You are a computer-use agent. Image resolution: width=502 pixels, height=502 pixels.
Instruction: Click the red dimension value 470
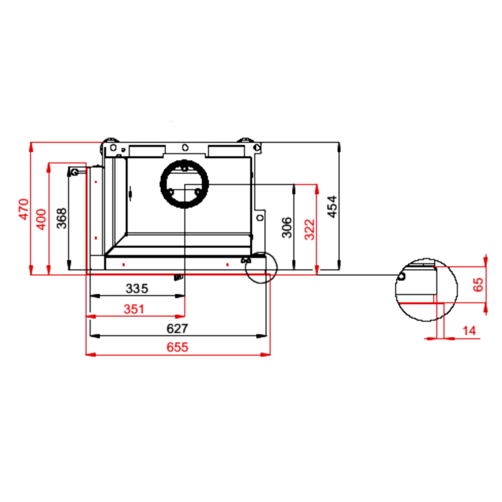(x=24, y=209)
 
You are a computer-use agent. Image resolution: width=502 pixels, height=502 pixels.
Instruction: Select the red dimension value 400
(x=41, y=219)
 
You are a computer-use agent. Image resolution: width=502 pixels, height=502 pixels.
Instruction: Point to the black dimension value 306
(x=287, y=227)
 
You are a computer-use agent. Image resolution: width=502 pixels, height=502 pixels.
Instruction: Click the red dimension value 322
(x=310, y=229)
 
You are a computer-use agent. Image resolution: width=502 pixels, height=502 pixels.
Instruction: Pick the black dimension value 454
(x=332, y=207)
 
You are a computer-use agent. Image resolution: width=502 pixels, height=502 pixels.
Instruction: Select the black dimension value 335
(x=137, y=288)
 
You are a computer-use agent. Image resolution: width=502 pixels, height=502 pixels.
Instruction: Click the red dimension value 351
(x=134, y=309)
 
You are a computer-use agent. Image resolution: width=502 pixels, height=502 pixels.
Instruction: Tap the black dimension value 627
(x=177, y=328)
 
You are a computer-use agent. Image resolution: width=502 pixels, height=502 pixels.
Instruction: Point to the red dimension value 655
(x=177, y=347)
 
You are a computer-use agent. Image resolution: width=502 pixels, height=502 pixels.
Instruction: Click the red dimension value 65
(x=478, y=285)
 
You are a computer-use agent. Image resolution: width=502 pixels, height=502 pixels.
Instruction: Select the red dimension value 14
(x=469, y=331)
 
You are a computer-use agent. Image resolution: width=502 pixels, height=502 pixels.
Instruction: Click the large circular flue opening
(x=184, y=184)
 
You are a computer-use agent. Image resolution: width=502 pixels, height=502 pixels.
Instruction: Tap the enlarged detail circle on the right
(x=426, y=290)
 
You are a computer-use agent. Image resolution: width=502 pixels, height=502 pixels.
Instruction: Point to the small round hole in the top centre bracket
(x=185, y=147)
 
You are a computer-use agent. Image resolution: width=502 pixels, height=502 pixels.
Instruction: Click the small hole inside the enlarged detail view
(x=402, y=276)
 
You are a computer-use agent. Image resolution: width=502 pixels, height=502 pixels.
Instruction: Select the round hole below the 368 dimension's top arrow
(x=75, y=172)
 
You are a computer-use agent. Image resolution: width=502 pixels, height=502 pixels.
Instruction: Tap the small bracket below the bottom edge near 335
(x=178, y=277)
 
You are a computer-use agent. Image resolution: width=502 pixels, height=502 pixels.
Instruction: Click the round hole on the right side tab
(x=260, y=218)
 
